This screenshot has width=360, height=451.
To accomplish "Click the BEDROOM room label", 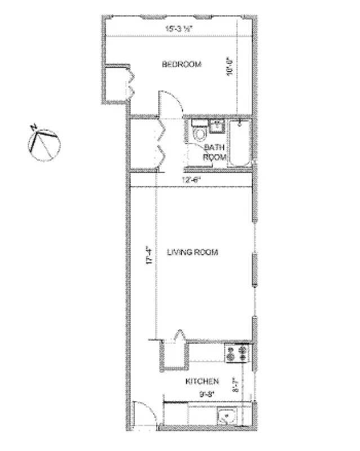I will (181, 64).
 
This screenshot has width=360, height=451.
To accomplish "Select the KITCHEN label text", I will (202, 382).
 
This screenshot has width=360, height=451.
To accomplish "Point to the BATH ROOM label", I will (215, 152).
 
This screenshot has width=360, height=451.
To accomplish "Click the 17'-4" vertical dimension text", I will (149, 258).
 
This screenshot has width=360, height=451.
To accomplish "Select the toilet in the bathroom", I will (199, 135).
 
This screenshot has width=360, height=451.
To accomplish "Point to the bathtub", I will (239, 144).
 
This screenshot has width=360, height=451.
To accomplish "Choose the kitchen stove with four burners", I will (237, 354).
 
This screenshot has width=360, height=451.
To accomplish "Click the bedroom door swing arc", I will (171, 103).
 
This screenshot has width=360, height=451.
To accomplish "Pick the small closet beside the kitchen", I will (174, 354).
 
